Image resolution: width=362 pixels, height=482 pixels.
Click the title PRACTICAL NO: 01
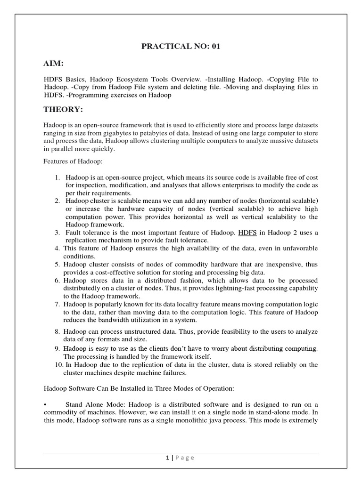pyautogui.click(x=181, y=46)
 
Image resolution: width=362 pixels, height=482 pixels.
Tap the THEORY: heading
pyautogui.click(x=63, y=110)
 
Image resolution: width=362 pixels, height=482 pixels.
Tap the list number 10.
pyautogui.click(x=57, y=365)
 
